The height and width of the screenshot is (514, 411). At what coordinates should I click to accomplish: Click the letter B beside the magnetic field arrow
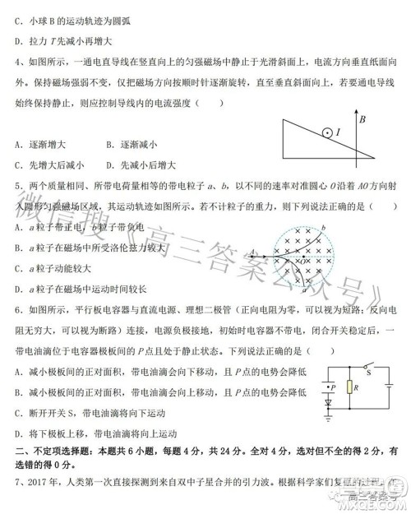[x=362, y=120]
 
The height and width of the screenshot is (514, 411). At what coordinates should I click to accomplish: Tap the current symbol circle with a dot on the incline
[x=326, y=131]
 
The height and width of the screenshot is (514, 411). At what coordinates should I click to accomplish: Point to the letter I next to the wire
[x=339, y=132]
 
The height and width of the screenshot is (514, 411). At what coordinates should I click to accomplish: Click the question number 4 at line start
[x=19, y=61]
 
